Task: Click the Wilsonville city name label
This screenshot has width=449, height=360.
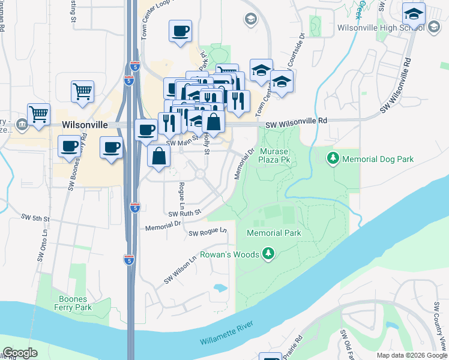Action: pyautogui.click(x=85, y=124)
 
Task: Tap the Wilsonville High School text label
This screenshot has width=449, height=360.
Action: pyautogui.click(x=373, y=28)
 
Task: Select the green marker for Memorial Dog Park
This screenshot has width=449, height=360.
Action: pyautogui.click(x=333, y=159)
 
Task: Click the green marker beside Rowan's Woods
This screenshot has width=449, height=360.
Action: pyautogui.click(x=268, y=254)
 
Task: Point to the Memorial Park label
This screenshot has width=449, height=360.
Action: pyautogui.click(x=274, y=232)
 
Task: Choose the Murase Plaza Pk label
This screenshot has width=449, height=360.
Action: pyautogui.click(x=274, y=155)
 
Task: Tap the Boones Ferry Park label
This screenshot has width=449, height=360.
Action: pyautogui.click(x=75, y=303)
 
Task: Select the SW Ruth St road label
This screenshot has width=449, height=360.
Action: pyautogui.click(x=184, y=213)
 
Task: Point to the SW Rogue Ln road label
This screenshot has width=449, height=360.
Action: pyautogui.click(x=208, y=232)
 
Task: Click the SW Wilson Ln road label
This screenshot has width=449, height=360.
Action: pyautogui.click(x=181, y=271)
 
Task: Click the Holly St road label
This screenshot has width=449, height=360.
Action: pyautogui.click(x=206, y=142)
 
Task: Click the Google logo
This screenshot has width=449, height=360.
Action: pyautogui.click(x=20, y=353)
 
